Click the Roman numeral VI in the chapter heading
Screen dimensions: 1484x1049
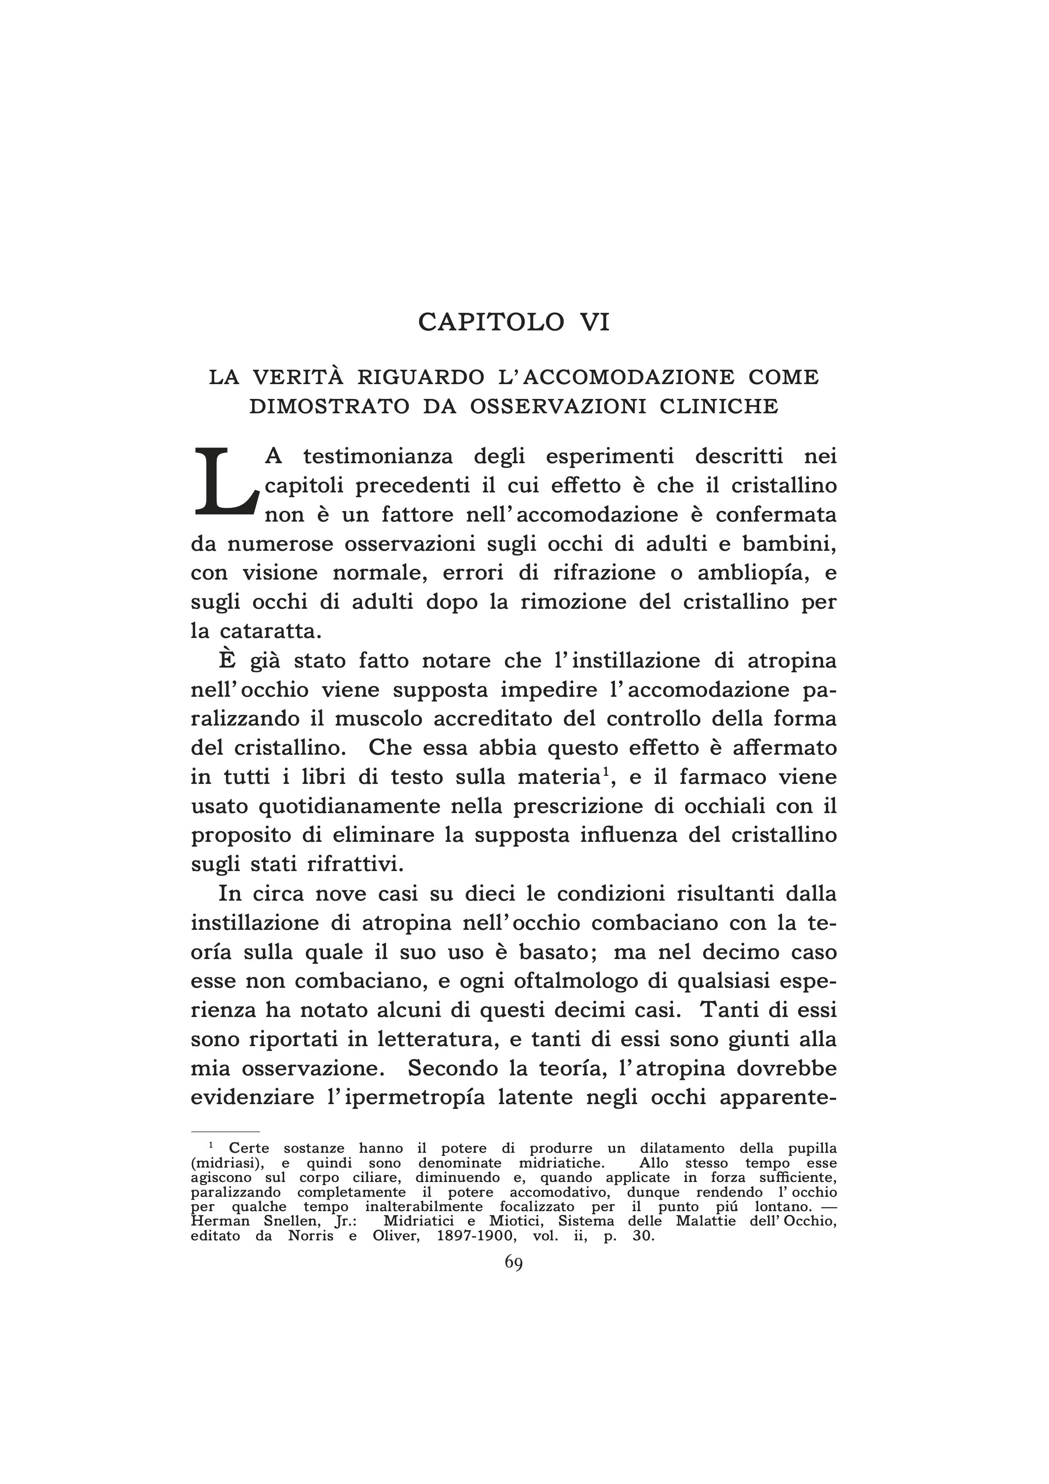click(x=589, y=322)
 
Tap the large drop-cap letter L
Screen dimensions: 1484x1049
click(x=226, y=483)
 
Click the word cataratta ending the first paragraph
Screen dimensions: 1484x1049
click(x=267, y=631)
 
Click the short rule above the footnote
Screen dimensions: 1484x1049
click(x=225, y=1132)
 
